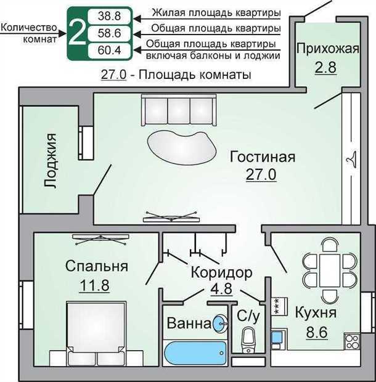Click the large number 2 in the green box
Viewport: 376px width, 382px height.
click(x=76, y=33)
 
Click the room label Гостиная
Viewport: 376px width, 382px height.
click(x=262, y=157)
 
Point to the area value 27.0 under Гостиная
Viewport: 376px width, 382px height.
click(x=261, y=174)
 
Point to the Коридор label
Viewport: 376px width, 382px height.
click(x=221, y=272)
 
